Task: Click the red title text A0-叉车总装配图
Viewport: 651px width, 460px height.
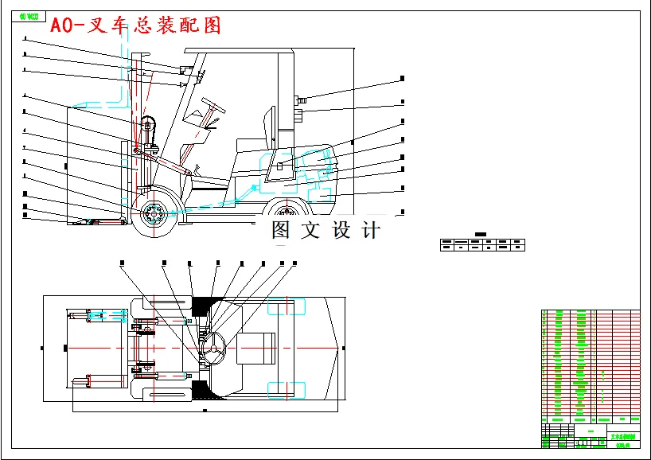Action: [136, 25]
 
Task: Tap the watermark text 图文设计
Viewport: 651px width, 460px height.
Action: [325, 231]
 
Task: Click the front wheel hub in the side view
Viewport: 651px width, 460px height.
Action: [153, 213]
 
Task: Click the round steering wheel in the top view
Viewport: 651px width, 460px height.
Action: [213, 347]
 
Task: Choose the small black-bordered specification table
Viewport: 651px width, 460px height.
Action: [482, 244]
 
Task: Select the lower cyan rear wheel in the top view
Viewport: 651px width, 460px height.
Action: [286, 390]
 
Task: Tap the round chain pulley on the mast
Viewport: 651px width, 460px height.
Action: [147, 124]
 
